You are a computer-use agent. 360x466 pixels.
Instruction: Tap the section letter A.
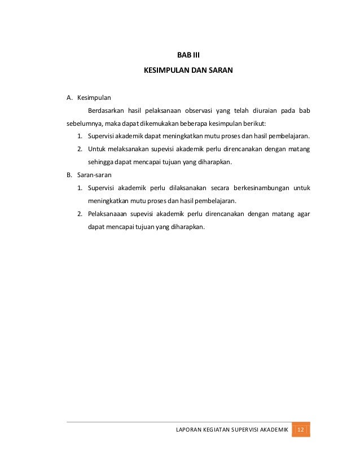tap(69, 98)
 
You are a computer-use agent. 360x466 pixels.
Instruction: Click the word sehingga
tap(101, 162)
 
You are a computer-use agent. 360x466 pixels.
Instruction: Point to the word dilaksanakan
tap(182, 188)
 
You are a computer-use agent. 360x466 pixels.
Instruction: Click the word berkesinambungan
tap(256, 188)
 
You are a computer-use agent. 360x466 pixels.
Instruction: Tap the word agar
tap(303, 214)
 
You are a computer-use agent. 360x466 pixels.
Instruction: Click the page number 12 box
tap(301, 430)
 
